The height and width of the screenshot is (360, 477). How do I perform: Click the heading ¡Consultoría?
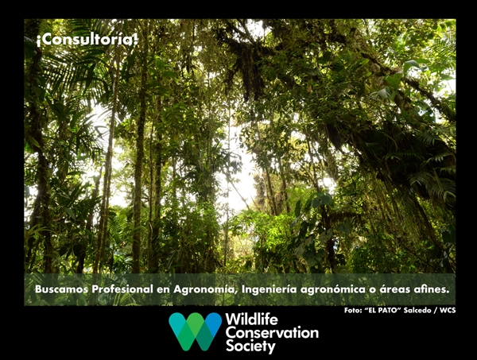87,40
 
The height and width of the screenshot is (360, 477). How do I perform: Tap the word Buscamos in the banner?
62,289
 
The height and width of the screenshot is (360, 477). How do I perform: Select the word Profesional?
122,289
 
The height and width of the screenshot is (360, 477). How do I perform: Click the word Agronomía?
205,290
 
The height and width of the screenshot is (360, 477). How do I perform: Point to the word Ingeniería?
269,290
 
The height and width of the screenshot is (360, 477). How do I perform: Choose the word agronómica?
333,290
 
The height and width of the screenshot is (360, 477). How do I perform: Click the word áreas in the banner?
394,290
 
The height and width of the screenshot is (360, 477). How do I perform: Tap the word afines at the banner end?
432,289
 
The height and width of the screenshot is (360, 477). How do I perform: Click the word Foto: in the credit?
352,310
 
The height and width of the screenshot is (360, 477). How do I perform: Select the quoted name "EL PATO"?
382,310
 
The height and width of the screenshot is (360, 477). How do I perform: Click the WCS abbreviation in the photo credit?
448,310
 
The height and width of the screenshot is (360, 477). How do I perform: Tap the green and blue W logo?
196,331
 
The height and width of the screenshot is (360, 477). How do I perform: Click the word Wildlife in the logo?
251,319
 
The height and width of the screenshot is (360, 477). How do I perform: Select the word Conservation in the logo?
272,333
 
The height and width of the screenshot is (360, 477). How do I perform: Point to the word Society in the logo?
250,346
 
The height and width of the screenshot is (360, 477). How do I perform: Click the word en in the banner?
163,290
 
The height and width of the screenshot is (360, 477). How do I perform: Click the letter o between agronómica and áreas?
372,290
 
